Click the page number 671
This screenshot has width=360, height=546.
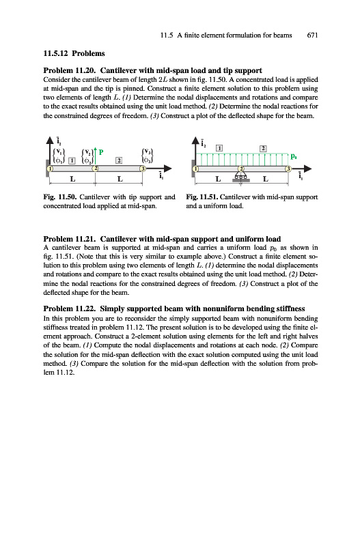click(312, 35)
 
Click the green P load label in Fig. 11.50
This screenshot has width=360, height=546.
click(101, 152)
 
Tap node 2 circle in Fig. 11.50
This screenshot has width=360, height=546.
click(95, 169)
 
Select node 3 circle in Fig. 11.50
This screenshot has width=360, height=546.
click(143, 169)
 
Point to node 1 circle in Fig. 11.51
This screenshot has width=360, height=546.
click(196, 169)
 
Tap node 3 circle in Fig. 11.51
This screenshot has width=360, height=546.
click(288, 169)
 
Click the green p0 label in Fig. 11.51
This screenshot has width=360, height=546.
click(294, 157)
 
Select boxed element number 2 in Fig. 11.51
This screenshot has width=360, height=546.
click(263, 148)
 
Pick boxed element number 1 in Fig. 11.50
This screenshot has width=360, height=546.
click(72, 160)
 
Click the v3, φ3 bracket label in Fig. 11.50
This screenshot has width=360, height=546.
click(148, 156)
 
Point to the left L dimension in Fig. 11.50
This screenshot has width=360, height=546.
click(72, 179)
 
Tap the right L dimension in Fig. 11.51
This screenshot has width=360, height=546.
click(266, 179)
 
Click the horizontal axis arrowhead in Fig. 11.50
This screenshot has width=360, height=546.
click(167, 169)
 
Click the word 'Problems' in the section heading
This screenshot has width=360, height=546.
click(88, 53)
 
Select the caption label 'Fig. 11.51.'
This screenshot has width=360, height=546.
click(202, 197)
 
